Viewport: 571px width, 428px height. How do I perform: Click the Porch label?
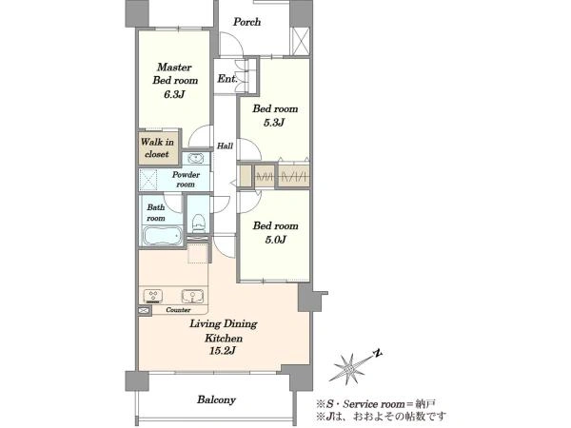[246, 22]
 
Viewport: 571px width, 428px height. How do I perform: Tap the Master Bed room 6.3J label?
[175, 81]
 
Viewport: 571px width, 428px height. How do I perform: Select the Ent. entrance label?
[227, 78]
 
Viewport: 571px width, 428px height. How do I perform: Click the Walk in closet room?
[157, 147]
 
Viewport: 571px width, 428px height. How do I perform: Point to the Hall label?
[225, 146]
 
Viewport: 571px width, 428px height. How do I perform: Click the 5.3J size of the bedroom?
[274, 123]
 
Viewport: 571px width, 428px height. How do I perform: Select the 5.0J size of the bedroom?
[275, 240]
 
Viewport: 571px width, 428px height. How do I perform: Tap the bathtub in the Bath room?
[163, 236]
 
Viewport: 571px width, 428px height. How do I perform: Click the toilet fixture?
[199, 224]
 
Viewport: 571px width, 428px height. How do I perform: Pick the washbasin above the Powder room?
[196, 158]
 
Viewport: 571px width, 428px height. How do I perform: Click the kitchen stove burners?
[153, 296]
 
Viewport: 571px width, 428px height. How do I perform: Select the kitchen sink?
[193, 296]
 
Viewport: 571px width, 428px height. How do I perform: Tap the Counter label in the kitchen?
[178, 310]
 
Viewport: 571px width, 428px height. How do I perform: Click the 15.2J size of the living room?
[223, 351]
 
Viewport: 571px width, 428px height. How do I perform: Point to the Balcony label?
[216, 399]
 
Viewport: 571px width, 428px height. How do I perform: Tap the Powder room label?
[186, 180]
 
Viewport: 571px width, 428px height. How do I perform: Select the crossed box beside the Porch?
[301, 41]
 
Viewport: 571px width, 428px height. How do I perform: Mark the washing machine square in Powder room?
[148, 180]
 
